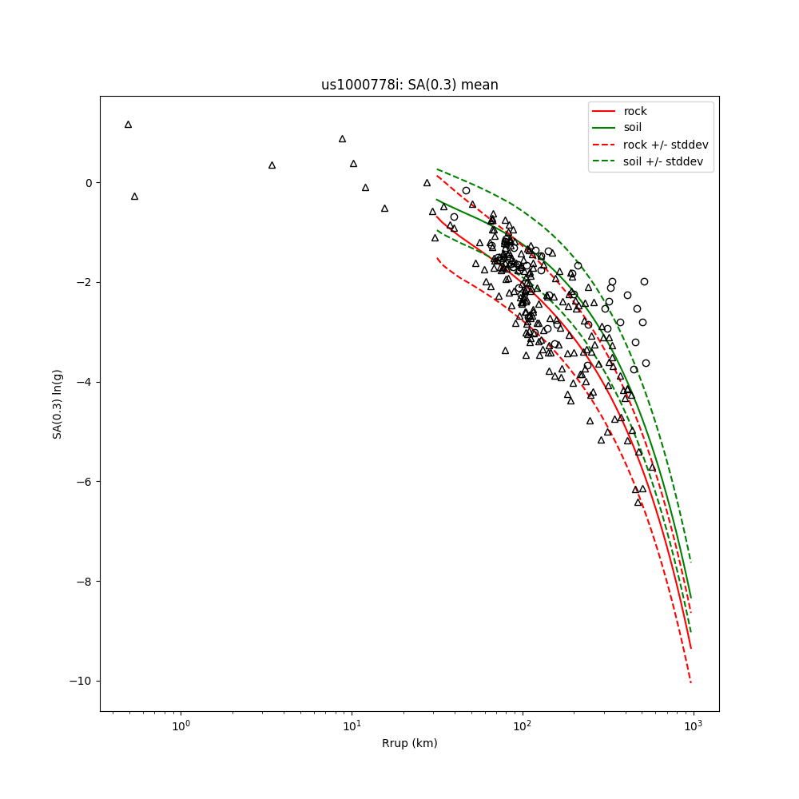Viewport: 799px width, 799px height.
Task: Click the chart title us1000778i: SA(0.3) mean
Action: pos(409,85)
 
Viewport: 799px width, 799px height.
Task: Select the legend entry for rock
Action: pos(635,111)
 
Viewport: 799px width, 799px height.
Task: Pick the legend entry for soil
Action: pos(632,128)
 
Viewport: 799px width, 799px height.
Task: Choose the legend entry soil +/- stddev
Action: pos(662,161)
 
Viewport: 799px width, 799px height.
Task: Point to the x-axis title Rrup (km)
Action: pos(409,743)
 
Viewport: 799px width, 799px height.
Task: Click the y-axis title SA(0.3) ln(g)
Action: pos(58,403)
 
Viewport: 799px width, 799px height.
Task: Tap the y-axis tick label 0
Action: pos(88,183)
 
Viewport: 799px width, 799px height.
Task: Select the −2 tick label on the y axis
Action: pos(85,283)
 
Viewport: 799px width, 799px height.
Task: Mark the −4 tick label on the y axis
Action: pos(85,382)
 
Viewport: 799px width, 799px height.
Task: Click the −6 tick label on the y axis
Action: pos(85,482)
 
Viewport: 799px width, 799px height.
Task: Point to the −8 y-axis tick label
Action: pos(85,582)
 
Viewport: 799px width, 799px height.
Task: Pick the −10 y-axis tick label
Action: pos(81,681)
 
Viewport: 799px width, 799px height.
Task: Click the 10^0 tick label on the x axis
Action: pos(181,726)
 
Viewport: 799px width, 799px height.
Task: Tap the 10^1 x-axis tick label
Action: pos(352,726)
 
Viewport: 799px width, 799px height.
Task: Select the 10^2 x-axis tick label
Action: pos(523,726)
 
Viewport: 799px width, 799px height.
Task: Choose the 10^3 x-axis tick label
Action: pos(693,726)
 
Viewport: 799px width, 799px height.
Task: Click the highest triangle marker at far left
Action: pos(128,125)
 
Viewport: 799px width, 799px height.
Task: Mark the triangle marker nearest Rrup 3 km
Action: pos(272,165)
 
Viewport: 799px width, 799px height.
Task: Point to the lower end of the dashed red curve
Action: pos(690,682)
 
